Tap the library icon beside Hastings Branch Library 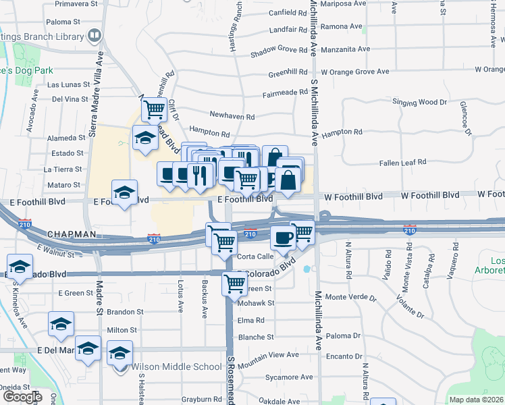click(x=95, y=34)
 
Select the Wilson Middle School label click(x=176, y=367)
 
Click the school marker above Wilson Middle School click(x=120, y=353)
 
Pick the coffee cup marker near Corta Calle click(x=282, y=237)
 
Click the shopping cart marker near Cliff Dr click(x=155, y=108)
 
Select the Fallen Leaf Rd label click(x=403, y=162)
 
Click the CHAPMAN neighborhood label click(x=72, y=234)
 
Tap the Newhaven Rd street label click(x=232, y=117)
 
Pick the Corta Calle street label click(x=255, y=256)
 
